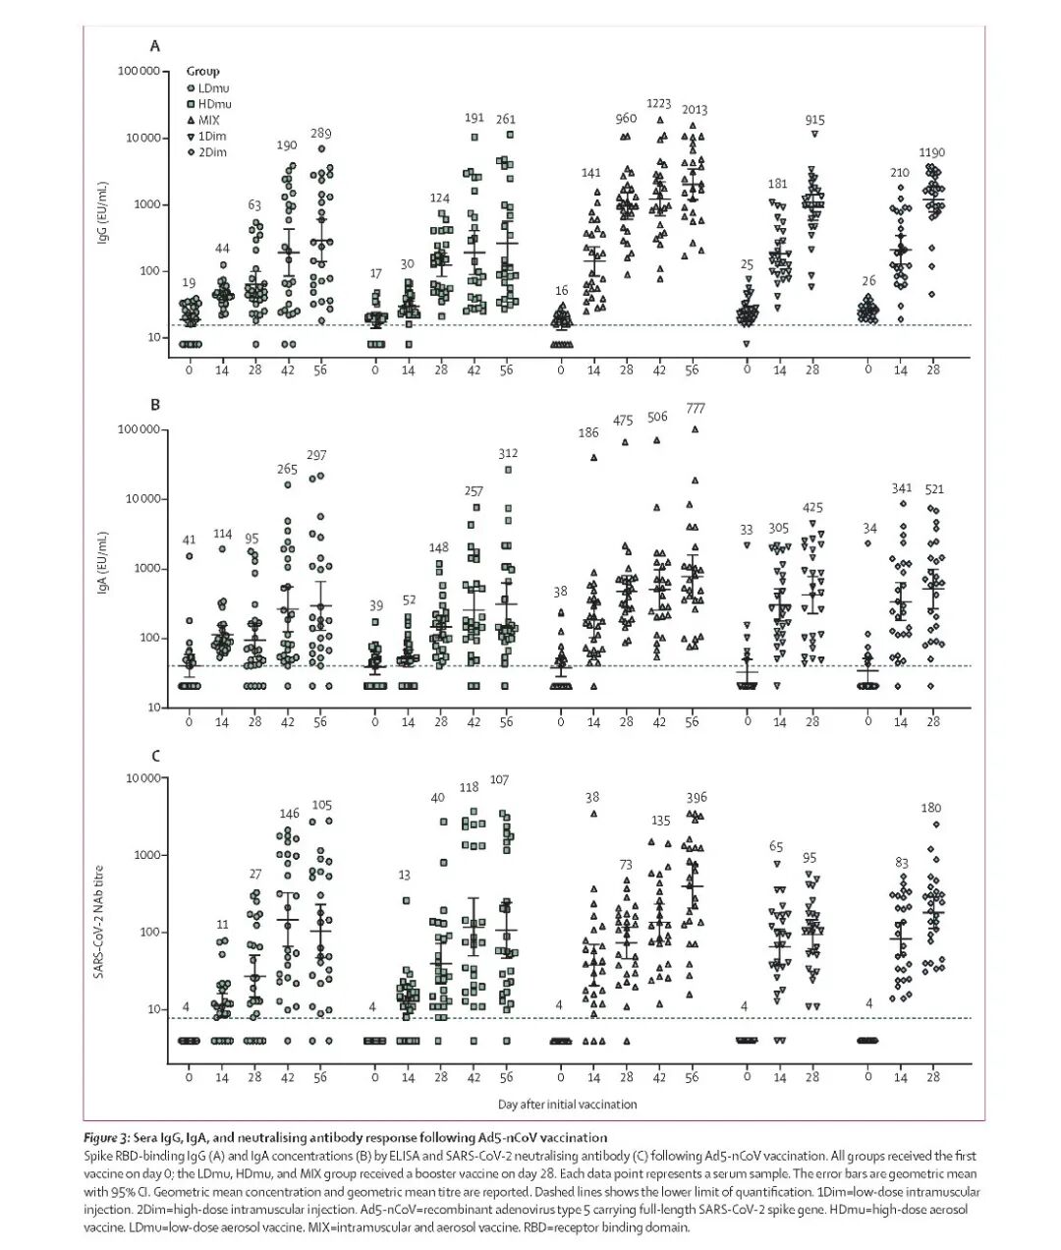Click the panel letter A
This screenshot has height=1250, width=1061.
(x=154, y=46)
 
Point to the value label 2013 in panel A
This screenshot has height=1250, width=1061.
(x=695, y=111)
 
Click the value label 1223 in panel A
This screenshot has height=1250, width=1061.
(x=659, y=103)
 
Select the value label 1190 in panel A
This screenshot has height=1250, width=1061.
(x=932, y=152)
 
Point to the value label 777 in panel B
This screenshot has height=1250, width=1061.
(x=695, y=408)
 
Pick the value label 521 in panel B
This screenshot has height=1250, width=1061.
(x=932, y=488)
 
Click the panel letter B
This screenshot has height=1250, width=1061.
(x=154, y=404)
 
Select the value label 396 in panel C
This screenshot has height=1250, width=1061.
(x=697, y=797)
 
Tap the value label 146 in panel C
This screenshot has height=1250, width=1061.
(x=289, y=814)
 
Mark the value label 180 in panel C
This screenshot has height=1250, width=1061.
(x=931, y=808)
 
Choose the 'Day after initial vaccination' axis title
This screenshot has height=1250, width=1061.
(x=567, y=1104)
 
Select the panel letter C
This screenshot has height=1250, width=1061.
(x=154, y=756)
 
